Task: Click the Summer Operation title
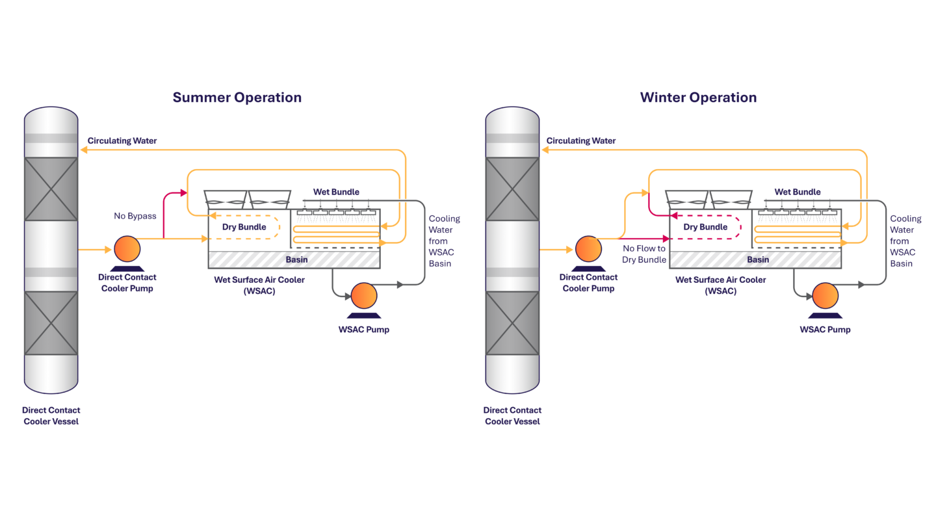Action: pos(237,98)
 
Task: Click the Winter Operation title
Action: pos(698,98)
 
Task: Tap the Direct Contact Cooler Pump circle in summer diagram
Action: pos(127,249)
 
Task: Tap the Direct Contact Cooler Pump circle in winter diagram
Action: pos(588,249)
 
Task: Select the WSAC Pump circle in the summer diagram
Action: pos(363,296)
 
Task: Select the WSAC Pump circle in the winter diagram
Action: pos(825,296)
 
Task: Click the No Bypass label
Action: pos(135,216)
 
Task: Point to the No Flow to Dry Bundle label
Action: pos(644,254)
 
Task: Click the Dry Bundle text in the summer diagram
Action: pos(244,227)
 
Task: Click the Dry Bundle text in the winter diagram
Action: pos(705,227)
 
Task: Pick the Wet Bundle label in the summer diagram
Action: pos(336,192)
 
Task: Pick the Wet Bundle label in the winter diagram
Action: pos(798,192)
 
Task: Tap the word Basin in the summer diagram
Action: pos(296,259)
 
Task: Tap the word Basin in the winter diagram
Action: pos(758,259)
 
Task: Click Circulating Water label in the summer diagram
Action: pos(122,140)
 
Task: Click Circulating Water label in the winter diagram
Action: pos(581,140)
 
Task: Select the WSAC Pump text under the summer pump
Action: pos(363,330)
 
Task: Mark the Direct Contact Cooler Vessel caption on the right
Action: pos(512,416)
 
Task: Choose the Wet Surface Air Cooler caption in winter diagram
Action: pos(720,285)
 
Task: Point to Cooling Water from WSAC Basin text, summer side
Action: pos(445,241)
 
